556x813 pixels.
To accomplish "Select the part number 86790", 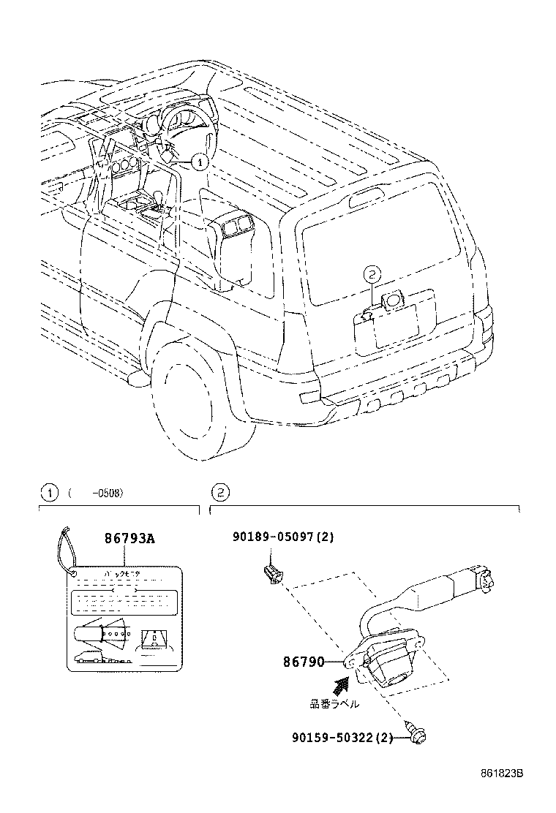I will coord(304,662).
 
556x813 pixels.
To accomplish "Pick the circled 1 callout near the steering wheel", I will coord(200,160).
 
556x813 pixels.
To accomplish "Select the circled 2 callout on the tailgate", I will coord(372,276).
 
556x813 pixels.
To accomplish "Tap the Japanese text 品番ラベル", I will coord(334,704).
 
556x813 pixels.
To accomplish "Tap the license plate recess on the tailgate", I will coord(395,327).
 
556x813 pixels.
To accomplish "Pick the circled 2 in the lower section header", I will coord(218,493).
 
